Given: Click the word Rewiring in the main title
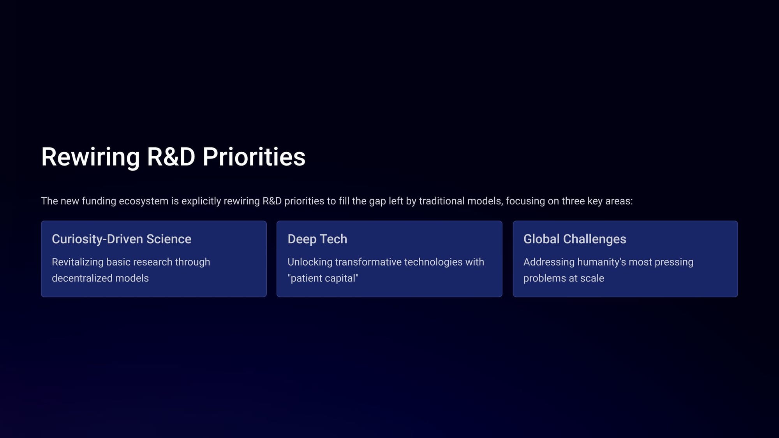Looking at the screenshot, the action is click(x=90, y=157).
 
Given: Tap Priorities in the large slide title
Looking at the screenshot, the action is click(x=254, y=157).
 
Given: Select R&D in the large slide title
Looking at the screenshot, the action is click(x=171, y=157).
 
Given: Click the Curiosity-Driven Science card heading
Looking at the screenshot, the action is click(x=122, y=239).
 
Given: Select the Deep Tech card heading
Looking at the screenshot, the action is click(x=317, y=239).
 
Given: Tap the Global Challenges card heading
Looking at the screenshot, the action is click(x=575, y=239).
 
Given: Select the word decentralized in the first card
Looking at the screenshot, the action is click(x=79, y=278).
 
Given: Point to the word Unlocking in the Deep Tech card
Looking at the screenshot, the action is click(x=310, y=262).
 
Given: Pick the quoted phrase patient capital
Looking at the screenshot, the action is click(x=323, y=278).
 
